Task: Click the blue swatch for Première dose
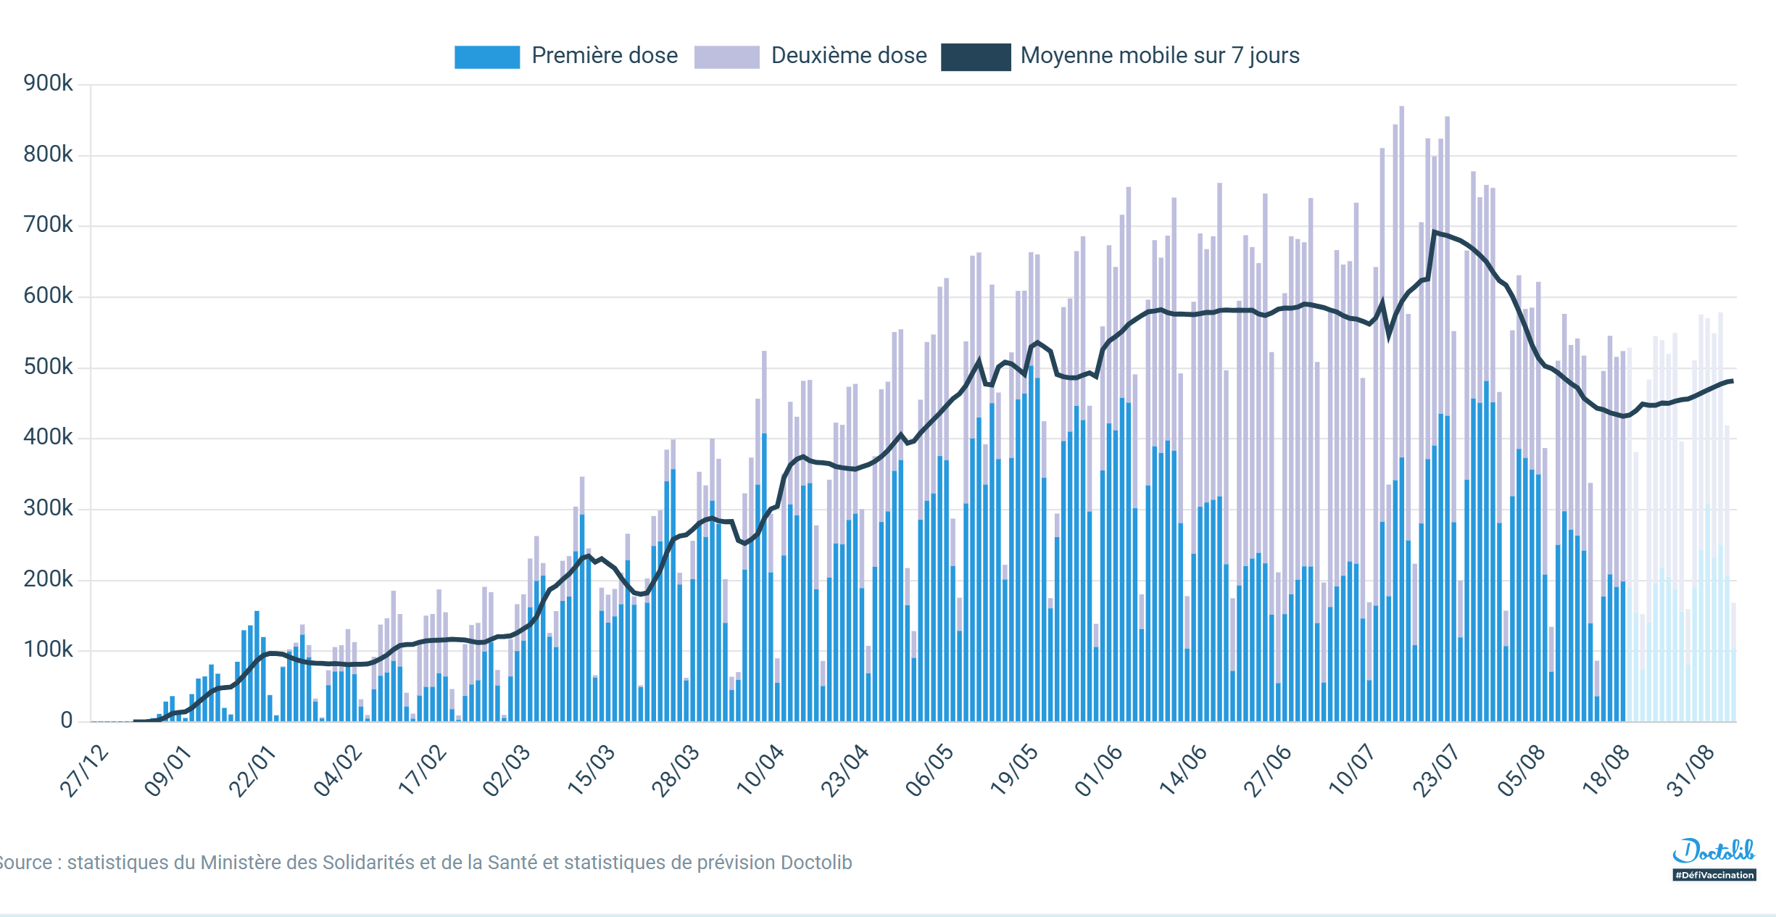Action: tap(486, 57)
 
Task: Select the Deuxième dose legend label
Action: tap(848, 56)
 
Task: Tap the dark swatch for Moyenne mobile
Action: tap(975, 57)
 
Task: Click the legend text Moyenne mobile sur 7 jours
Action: tap(1159, 56)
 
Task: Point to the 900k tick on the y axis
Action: tap(48, 83)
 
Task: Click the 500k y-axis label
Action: tap(48, 367)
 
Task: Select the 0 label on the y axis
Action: tap(66, 720)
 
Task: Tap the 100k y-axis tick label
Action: tap(48, 650)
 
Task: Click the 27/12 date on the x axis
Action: tap(85, 771)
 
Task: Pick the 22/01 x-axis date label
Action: tap(253, 771)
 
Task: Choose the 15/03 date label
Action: tap(592, 771)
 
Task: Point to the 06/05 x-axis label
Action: tap(930, 771)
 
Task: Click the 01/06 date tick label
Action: tap(1099, 771)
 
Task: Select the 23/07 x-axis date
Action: tap(1437, 771)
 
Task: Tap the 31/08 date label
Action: tap(1690, 771)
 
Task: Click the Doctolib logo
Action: tap(1714, 851)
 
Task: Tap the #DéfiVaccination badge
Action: tap(1714, 875)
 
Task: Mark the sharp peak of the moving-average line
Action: tap(1434, 233)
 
